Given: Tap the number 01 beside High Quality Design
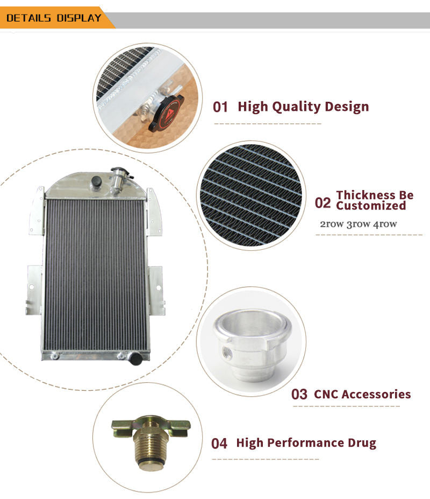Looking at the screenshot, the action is [x=220, y=107].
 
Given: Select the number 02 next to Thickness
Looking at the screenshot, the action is [x=322, y=203].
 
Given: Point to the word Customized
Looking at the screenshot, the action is [x=371, y=206].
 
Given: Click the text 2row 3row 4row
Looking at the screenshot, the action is [x=358, y=224].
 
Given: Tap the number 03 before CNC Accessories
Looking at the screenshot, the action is [x=299, y=394].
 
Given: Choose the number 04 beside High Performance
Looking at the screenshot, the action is [x=219, y=444].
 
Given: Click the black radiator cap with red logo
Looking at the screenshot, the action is [x=166, y=113].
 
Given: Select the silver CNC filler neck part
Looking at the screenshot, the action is [x=252, y=345].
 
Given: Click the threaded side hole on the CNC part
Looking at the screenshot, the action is [x=227, y=352].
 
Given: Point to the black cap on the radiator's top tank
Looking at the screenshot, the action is [x=96, y=181].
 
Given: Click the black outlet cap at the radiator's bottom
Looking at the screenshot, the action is [x=136, y=359].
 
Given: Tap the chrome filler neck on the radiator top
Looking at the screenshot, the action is [x=119, y=179].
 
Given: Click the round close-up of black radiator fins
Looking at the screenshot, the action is [x=251, y=195].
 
